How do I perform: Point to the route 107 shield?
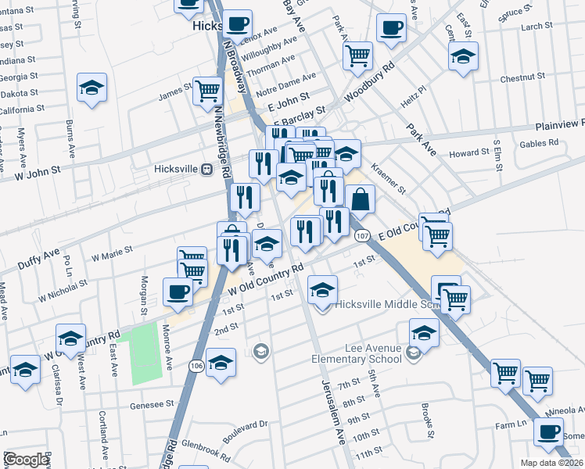point(361,235)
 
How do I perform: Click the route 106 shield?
point(196,365)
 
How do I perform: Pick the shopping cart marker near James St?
point(208,91)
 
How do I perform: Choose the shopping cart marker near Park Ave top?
point(357,55)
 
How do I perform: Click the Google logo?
point(26,460)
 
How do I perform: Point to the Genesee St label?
point(146,404)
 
